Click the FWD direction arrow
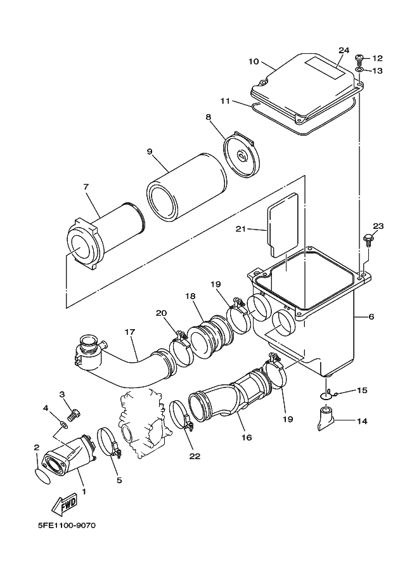(x=64, y=505)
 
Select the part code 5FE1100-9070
(x=65, y=526)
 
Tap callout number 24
(x=344, y=50)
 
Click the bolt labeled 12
(x=358, y=59)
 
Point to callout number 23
(x=378, y=226)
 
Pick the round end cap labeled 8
(x=242, y=154)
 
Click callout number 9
(x=150, y=152)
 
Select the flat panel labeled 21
(x=282, y=228)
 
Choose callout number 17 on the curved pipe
(x=129, y=332)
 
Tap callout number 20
(x=161, y=313)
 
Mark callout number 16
(x=245, y=438)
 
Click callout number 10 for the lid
(x=253, y=62)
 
